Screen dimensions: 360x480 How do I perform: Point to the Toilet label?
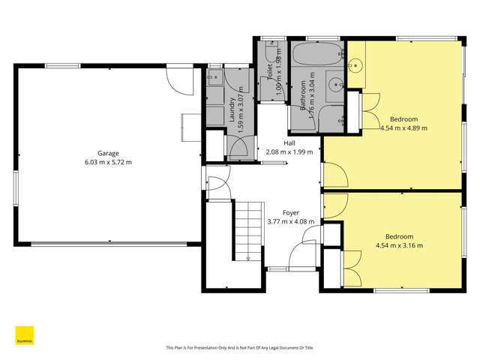coord(270,73)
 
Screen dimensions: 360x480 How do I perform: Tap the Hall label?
coord(289,142)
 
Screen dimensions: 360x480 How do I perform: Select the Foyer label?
coord(290,212)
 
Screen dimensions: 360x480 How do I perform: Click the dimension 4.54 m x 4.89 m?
coord(403,128)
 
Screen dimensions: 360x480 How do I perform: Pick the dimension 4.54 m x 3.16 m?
coord(399,244)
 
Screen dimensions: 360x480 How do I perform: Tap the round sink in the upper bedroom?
coord(355,65)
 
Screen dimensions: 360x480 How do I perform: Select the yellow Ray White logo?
coord(24,335)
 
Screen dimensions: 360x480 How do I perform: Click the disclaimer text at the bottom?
coord(239,347)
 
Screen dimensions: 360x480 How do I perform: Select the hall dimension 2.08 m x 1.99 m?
coord(289,152)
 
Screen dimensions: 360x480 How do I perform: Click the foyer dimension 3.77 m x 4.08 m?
coord(290,222)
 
